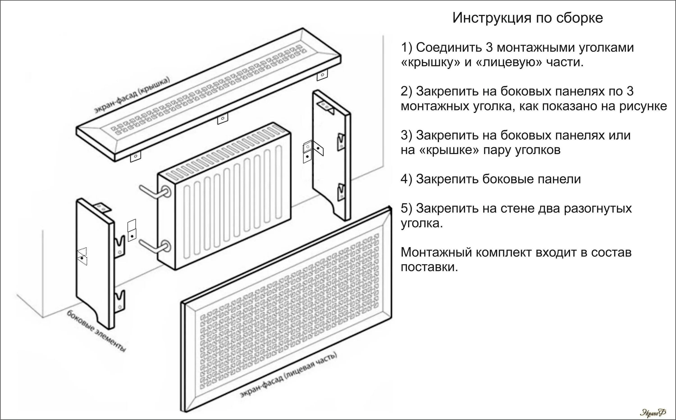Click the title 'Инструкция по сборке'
point(528,18)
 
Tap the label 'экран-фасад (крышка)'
point(132,95)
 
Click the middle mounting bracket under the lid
point(222,119)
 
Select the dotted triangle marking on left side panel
point(82,256)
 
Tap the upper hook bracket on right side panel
point(341,142)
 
